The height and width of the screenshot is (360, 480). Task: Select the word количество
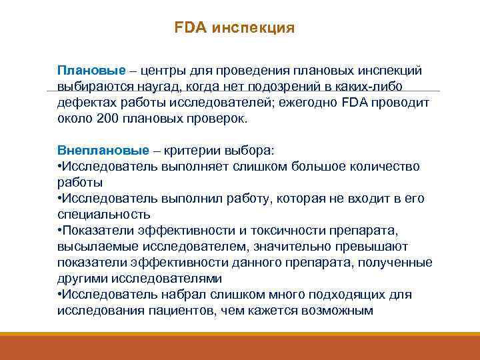(386, 166)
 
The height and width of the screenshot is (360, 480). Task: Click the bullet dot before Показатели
(59, 231)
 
